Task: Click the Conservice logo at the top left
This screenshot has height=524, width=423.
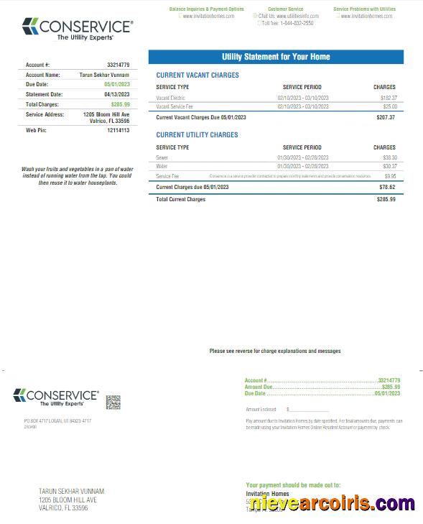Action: pyautogui.click(x=78, y=29)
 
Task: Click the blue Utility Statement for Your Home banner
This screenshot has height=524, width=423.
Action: pyautogui.click(x=276, y=57)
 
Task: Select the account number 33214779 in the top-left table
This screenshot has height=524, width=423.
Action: pyautogui.click(x=118, y=65)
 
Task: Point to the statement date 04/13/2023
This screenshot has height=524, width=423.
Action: pyautogui.click(x=117, y=94)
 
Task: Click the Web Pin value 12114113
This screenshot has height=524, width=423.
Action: pyautogui.click(x=118, y=130)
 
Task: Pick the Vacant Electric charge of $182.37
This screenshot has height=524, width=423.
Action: pyautogui.click(x=388, y=97)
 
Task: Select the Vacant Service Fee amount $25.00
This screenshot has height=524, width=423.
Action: pyautogui.click(x=389, y=106)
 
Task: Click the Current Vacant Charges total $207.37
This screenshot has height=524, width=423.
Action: pyautogui.click(x=386, y=117)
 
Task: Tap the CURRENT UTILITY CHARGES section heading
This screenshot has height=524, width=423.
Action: pyautogui.click(x=197, y=134)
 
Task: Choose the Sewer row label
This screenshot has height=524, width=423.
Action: pyautogui.click(x=162, y=157)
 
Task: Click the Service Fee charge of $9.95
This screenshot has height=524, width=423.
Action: pyautogui.click(x=390, y=175)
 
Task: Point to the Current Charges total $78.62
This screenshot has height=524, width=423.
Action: pyautogui.click(x=387, y=187)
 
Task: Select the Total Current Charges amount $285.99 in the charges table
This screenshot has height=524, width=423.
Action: pyautogui.click(x=386, y=199)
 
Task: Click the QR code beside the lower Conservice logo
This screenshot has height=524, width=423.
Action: pyautogui.click(x=113, y=402)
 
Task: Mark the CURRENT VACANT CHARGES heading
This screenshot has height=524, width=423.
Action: pyautogui.click(x=197, y=75)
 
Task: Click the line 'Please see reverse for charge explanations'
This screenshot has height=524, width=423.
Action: pyautogui.click(x=275, y=351)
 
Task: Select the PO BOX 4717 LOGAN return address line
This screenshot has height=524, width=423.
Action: pyautogui.click(x=57, y=420)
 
